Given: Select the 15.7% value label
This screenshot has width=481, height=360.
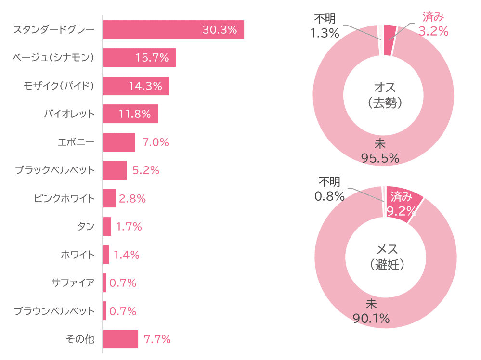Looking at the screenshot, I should pos(152,58).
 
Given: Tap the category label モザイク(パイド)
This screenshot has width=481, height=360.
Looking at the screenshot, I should pos(59,86).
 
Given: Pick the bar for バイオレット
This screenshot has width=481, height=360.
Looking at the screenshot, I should pos(130,114).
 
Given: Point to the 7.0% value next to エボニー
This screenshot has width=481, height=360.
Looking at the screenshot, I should pos(155,142).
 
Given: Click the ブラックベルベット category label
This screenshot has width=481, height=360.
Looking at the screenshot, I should pos(54,170).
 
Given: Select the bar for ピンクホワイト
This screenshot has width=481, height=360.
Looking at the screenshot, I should pos(109,198).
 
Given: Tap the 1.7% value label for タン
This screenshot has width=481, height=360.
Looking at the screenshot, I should pos(129,227).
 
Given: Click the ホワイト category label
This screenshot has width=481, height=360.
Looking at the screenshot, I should pos(78,255).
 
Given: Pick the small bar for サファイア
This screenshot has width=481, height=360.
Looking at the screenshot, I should pos(104,283).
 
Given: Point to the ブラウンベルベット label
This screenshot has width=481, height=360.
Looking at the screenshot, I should pos(54,311).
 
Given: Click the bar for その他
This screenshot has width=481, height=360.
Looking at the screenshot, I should pos(120,339).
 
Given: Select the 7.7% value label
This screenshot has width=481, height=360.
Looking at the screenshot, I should pos(157,339).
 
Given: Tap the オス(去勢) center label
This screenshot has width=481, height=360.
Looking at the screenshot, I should pos(384,95).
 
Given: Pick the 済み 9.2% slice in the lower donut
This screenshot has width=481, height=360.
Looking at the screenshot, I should pos(403,202).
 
